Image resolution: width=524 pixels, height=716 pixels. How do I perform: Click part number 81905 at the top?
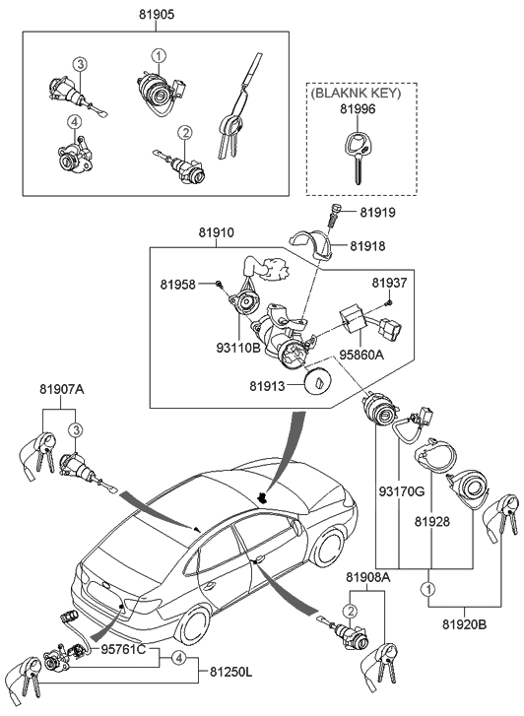pos(155,17)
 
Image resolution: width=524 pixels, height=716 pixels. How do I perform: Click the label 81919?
pos(377,213)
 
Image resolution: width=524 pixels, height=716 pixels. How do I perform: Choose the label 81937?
pos(390,284)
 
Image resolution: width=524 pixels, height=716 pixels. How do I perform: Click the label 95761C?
pos(122,651)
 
